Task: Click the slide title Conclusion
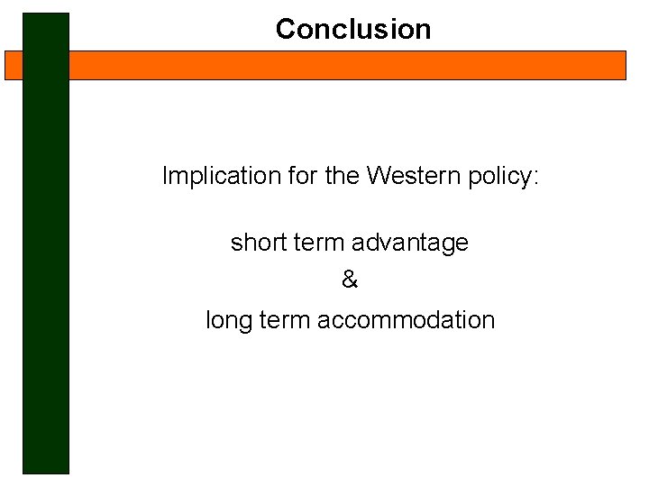(x=353, y=29)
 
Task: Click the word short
(x=256, y=243)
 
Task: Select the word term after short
(x=317, y=243)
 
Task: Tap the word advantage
(x=410, y=243)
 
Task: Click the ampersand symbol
(x=350, y=280)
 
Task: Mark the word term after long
(x=288, y=320)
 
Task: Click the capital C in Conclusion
(x=286, y=29)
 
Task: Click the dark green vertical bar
(x=46, y=271)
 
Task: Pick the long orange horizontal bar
(x=347, y=65)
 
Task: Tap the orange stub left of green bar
(x=14, y=65)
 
